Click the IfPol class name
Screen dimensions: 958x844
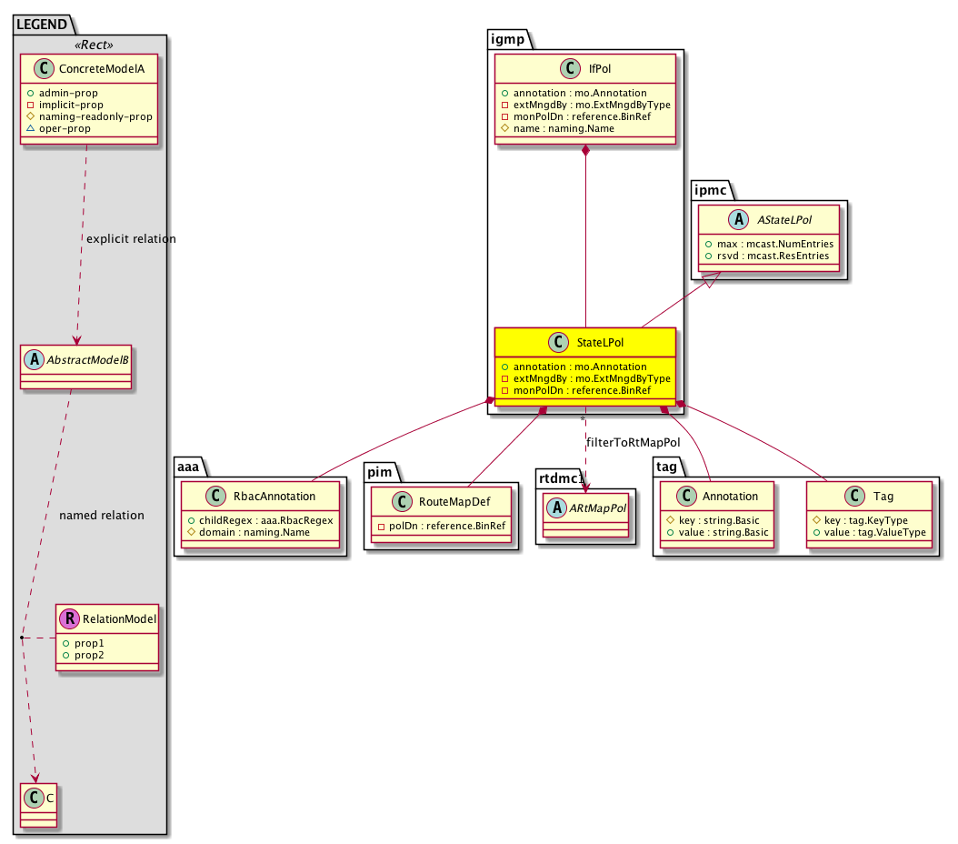tap(599, 69)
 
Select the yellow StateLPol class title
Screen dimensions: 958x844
tap(600, 343)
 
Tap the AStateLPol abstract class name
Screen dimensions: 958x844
tap(784, 220)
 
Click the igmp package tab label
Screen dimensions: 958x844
tap(508, 40)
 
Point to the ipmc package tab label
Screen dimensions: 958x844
tap(710, 190)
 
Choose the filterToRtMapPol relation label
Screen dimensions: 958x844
tap(633, 443)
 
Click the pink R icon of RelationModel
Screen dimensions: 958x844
tap(70, 619)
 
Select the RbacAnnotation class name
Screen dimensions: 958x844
tap(274, 497)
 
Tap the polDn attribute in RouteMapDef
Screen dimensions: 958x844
tap(447, 527)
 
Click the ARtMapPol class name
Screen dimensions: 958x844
tap(597, 508)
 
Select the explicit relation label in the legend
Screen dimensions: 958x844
tap(131, 239)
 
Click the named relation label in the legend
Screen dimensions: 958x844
tap(102, 515)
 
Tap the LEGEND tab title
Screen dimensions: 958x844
tap(42, 25)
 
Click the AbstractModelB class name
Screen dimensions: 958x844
tap(87, 360)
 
